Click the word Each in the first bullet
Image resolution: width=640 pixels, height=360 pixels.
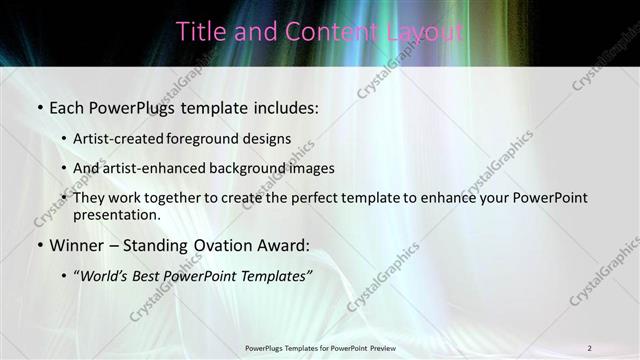67,105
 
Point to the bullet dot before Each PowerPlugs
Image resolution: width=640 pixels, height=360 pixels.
39,106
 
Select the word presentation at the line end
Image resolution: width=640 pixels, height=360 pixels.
116,215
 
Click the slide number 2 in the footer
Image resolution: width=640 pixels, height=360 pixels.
589,348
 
